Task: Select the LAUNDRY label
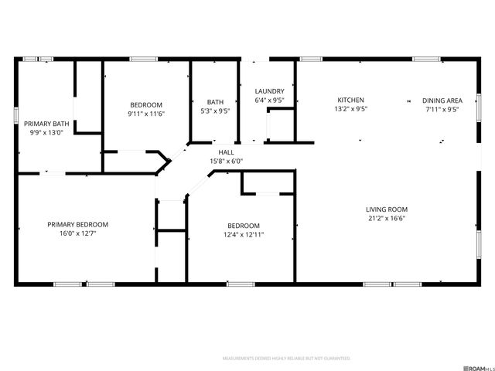pyautogui.click(x=270, y=91)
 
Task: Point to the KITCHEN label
pyautogui.click(x=350, y=100)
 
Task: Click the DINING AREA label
pyautogui.click(x=442, y=100)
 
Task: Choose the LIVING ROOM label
pyautogui.click(x=387, y=209)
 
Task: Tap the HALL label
pyautogui.click(x=226, y=153)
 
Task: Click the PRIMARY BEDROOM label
pyautogui.click(x=77, y=224)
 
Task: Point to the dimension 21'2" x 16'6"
pyautogui.click(x=387, y=218)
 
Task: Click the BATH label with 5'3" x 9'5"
pyautogui.click(x=215, y=102)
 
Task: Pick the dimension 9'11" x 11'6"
pyautogui.click(x=146, y=114)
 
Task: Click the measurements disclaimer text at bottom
pyautogui.click(x=286, y=359)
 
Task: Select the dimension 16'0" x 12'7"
pyautogui.click(x=77, y=233)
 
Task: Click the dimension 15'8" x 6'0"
pyautogui.click(x=226, y=162)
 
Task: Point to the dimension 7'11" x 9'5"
pyautogui.click(x=442, y=109)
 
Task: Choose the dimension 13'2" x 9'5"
pyautogui.click(x=350, y=109)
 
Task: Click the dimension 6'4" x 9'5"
pyautogui.click(x=270, y=100)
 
